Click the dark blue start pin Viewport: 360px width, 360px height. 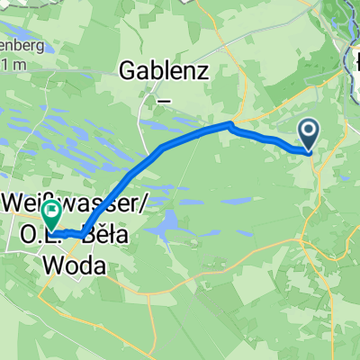[309, 135]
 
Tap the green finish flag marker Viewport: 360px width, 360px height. [51, 214]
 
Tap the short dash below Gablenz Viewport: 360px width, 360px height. [164, 101]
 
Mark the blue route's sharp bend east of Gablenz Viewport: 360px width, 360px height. [232, 124]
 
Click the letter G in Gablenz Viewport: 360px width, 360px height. [130, 69]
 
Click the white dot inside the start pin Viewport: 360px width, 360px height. [309, 131]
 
